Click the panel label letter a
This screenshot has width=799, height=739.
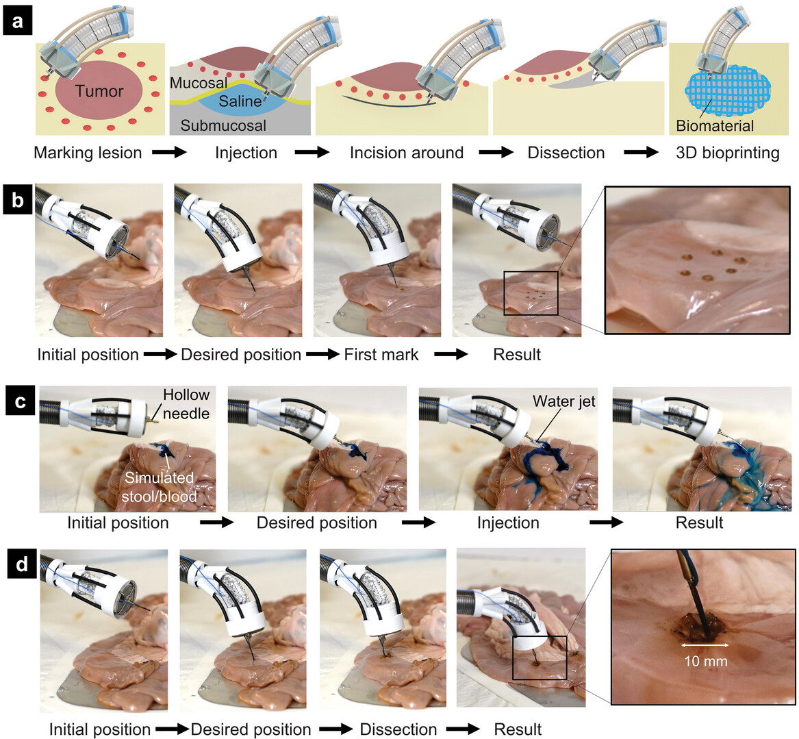(x=17, y=22)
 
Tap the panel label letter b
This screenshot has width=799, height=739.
(x=17, y=200)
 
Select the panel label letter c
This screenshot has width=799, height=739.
(x=21, y=401)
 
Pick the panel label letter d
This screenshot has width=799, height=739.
(x=21, y=565)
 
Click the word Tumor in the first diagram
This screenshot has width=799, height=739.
(x=99, y=91)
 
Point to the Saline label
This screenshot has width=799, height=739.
(x=240, y=101)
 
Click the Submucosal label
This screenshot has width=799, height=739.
(x=223, y=125)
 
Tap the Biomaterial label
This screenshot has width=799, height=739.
(x=715, y=126)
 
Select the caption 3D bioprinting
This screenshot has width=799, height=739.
(x=728, y=153)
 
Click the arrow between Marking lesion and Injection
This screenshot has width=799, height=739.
(x=169, y=152)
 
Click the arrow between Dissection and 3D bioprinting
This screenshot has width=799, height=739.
(x=641, y=152)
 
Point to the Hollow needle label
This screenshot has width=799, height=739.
(x=186, y=403)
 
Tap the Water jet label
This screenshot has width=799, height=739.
(x=563, y=401)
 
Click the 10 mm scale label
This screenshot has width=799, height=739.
(x=706, y=661)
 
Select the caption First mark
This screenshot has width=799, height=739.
(x=381, y=355)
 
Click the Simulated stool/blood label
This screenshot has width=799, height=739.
(x=159, y=487)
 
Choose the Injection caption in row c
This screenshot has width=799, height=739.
(x=508, y=523)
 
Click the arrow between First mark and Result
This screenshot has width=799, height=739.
(x=451, y=354)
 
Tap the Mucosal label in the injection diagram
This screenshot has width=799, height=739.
(x=199, y=83)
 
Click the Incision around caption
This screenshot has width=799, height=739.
(x=407, y=153)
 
